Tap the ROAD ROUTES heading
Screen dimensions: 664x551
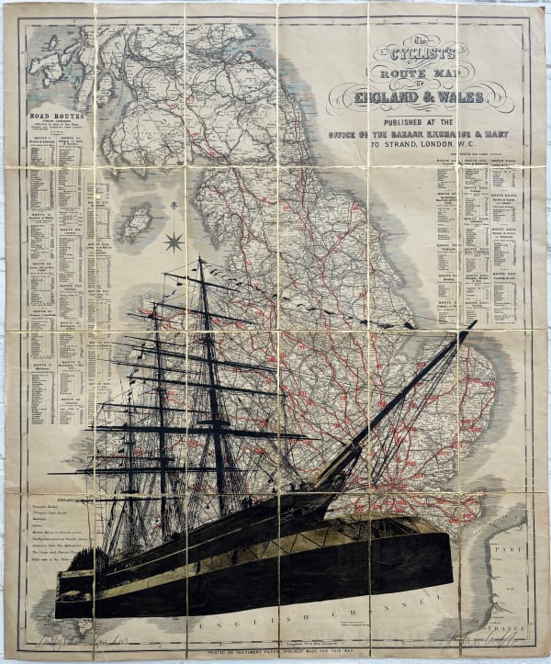(x=57, y=118)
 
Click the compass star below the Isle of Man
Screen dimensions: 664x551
(x=173, y=242)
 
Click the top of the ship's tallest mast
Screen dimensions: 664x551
(x=199, y=259)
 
